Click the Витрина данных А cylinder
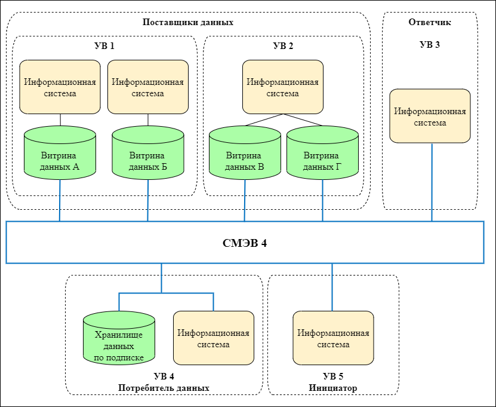(x=60, y=155)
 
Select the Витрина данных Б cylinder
(x=148, y=155)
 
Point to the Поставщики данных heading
(x=188, y=22)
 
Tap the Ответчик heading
(x=430, y=22)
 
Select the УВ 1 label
(x=104, y=45)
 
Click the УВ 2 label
(x=283, y=45)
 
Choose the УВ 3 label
(x=430, y=45)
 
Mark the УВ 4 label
(x=164, y=377)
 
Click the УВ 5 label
(x=333, y=377)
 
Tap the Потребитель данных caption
(x=164, y=388)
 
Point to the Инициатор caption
(x=333, y=388)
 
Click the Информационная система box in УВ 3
(x=430, y=116)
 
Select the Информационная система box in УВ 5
(x=333, y=338)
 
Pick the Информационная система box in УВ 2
(x=283, y=87)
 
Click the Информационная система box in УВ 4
(x=213, y=338)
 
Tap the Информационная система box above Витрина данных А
(x=60, y=87)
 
